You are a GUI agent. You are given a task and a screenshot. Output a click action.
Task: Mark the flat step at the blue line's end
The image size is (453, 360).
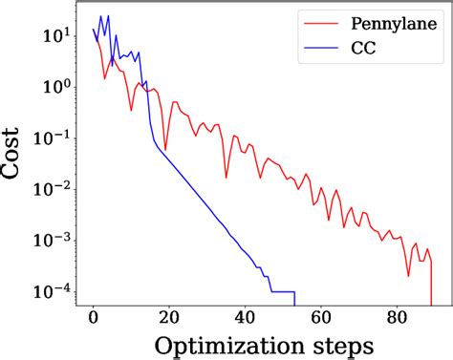click(x=283, y=291)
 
